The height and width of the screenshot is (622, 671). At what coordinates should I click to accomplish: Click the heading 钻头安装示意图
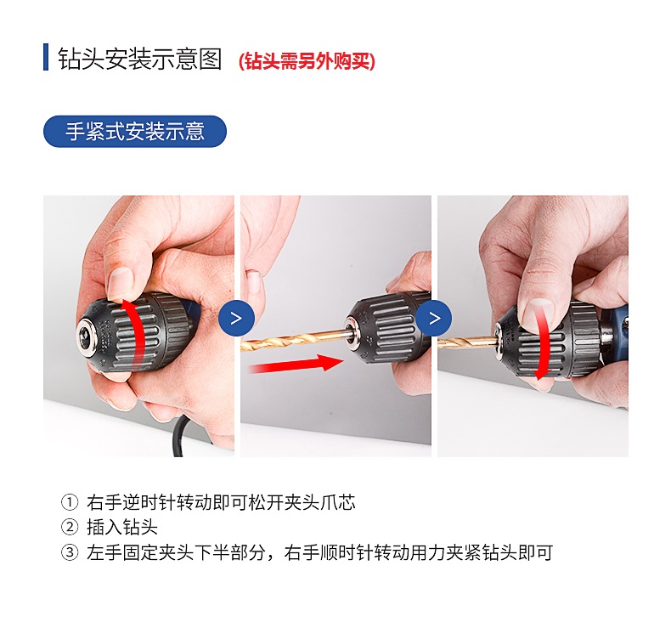(140, 59)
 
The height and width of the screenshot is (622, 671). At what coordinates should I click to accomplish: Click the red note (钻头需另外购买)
(307, 61)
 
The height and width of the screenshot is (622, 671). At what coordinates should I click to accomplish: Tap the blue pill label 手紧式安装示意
(135, 132)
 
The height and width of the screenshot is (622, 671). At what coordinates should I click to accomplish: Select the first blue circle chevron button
(236, 319)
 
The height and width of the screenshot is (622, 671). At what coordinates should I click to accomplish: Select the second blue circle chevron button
(434, 319)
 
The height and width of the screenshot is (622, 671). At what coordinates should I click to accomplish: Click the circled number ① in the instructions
(70, 502)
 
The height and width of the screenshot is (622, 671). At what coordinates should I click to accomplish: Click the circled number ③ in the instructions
(70, 553)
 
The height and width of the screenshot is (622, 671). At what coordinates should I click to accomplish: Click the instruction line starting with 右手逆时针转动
(221, 502)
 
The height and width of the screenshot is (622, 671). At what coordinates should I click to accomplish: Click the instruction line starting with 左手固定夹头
(319, 553)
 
